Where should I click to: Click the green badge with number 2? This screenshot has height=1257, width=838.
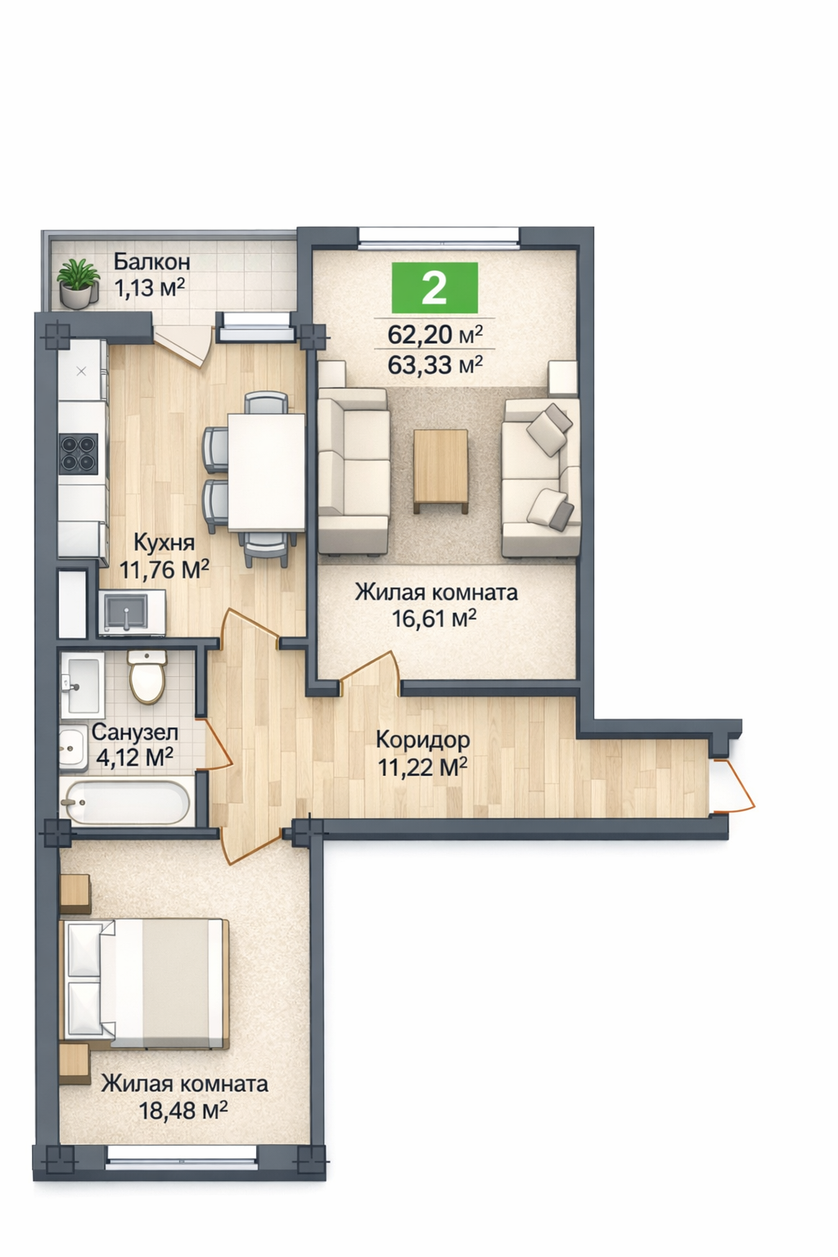tap(435, 288)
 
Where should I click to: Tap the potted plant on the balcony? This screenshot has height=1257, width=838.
tap(78, 283)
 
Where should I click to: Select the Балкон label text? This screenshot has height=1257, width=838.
tap(152, 262)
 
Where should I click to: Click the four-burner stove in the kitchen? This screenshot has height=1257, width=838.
tap(78, 452)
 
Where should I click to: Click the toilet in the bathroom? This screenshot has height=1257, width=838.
tap(147, 676)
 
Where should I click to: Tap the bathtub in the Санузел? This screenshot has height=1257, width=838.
tap(126, 802)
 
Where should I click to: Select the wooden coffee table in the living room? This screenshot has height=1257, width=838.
tap(440, 471)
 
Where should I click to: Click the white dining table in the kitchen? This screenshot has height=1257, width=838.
tap(266, 472)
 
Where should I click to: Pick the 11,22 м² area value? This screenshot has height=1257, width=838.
tap(422, 767)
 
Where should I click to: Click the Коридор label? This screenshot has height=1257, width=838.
tap(422, 740)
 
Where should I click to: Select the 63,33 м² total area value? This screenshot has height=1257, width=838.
tap(435, 365)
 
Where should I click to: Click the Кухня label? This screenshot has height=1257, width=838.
tap(164, 543)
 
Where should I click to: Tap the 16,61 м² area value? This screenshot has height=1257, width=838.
tap(435, 619)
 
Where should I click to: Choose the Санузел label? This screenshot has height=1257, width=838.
tap(135, 732)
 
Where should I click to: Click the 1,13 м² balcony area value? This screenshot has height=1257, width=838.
tap(149, 288)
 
